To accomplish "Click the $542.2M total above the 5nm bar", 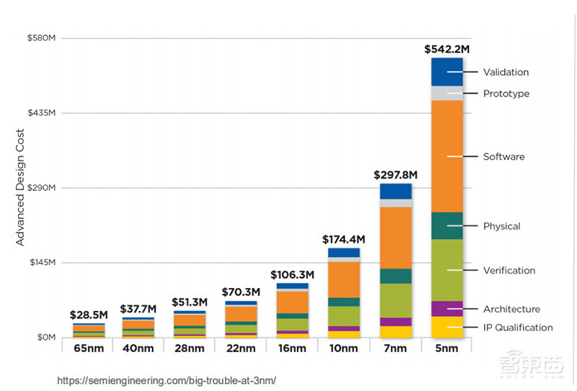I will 446,50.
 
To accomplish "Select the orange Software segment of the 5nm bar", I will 446,156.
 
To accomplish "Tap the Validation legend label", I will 506,72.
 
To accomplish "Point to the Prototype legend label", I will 506,94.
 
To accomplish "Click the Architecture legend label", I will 511,309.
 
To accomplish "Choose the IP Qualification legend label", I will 518,328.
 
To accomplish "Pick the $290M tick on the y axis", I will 43,188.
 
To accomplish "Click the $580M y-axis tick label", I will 43,37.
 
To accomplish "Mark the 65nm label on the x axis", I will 88,349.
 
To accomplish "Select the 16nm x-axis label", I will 292,349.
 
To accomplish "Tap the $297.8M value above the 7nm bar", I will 395,175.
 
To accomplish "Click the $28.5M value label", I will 88,315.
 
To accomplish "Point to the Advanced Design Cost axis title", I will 20,187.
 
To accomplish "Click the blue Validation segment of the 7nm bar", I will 395,191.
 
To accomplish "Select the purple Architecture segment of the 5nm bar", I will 446,309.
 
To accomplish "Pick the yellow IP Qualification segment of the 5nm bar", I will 446,327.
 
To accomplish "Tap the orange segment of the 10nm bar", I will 344,279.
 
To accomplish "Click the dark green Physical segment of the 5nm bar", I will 446,225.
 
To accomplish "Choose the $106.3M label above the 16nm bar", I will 292,274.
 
